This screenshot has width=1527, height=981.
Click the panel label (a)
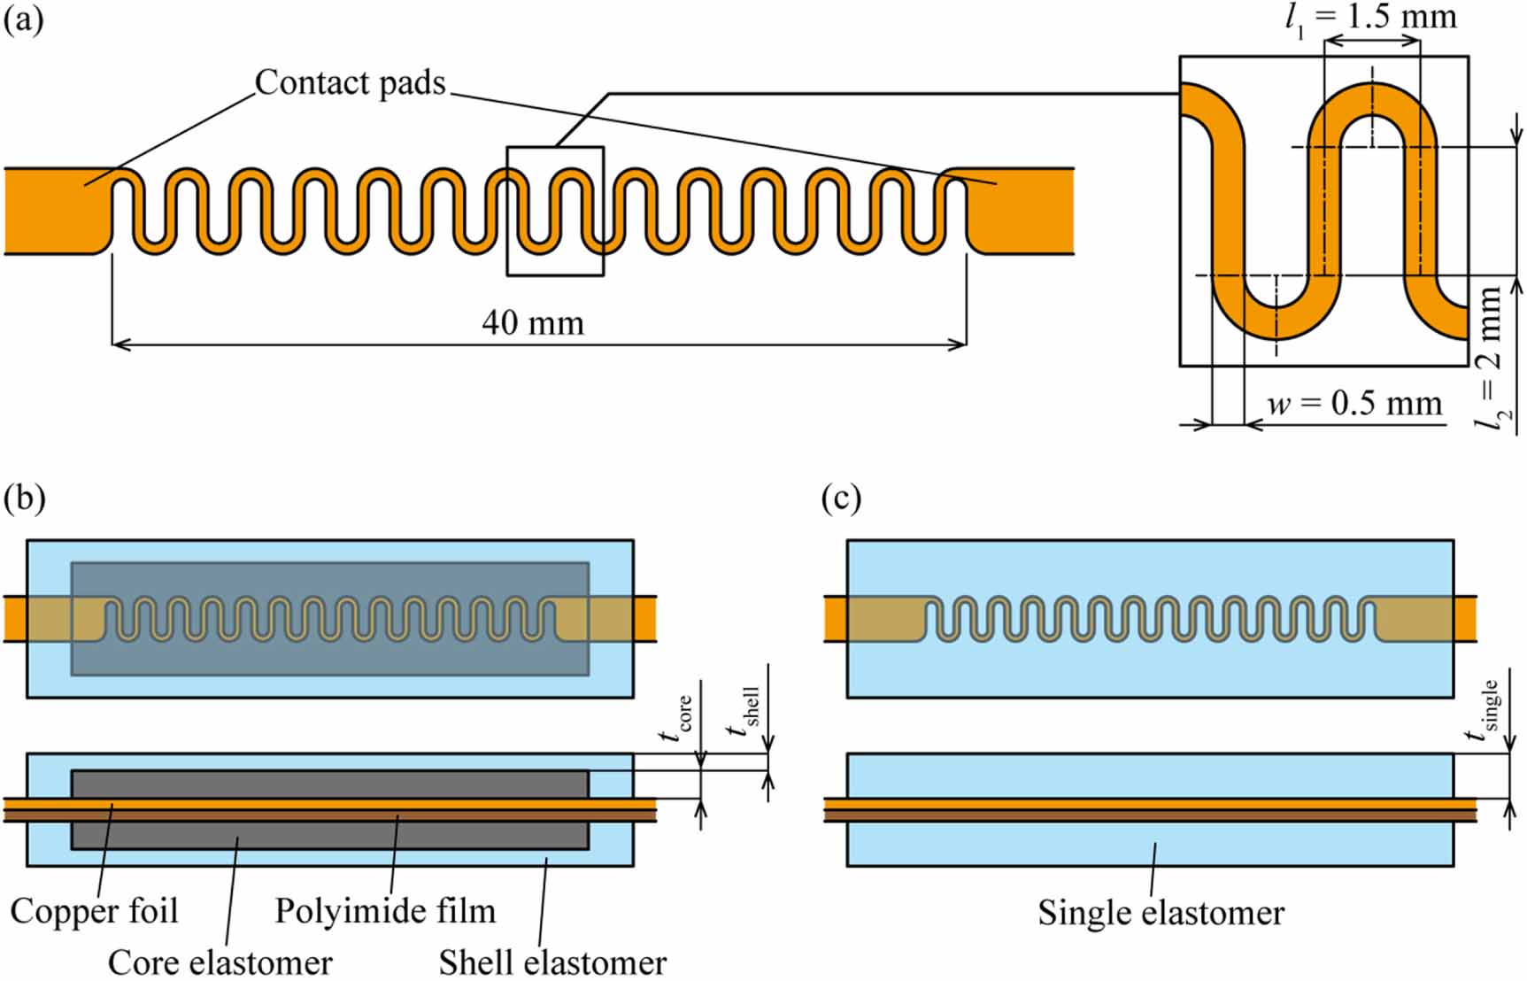23,19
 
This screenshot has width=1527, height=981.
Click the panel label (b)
24,498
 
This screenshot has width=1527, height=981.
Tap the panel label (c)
841,498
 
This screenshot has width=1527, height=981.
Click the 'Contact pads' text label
351,82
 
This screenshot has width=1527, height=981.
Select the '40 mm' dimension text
533,323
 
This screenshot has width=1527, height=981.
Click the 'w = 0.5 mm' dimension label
1354,404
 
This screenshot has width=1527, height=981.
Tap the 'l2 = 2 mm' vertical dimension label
1490,359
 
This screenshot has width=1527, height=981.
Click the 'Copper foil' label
95,910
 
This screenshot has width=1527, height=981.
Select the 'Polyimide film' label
385,910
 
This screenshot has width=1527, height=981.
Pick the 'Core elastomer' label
220,962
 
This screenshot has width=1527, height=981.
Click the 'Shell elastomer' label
552,962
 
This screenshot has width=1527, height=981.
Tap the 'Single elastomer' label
1161,912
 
